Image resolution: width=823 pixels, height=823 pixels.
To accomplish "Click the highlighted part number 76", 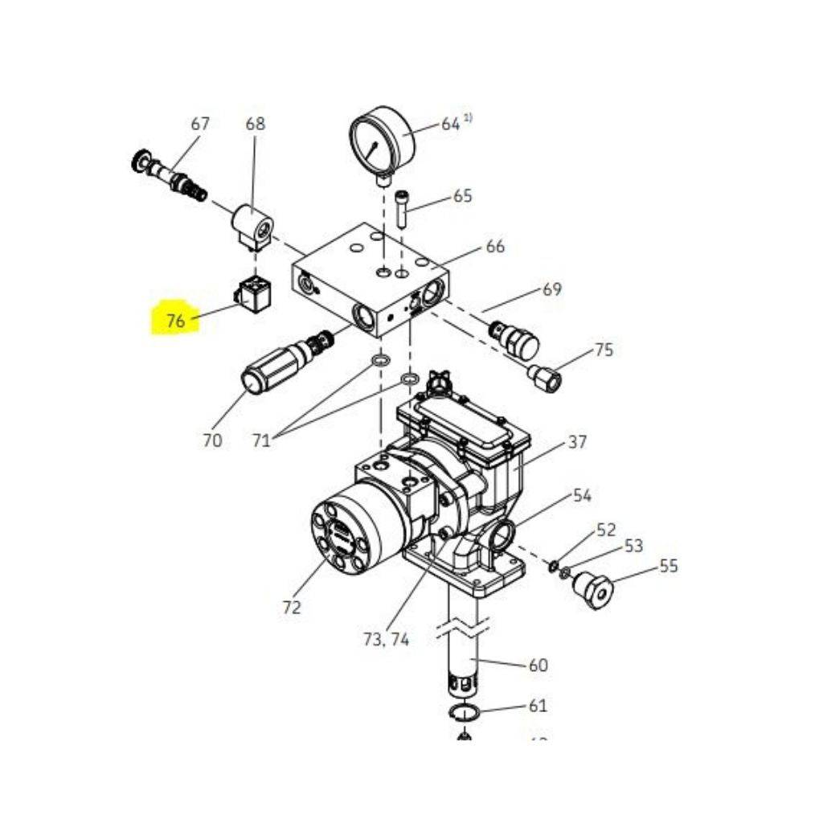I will click(x=175, y=321).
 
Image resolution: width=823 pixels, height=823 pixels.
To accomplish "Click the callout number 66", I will click(x=495, y=246).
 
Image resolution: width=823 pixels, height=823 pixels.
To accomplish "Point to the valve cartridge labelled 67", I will click(x=172, y=175).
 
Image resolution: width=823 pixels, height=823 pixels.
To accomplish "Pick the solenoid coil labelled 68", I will click(x=252, y=224).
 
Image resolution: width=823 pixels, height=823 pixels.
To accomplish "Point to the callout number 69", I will click(x=551, y=289).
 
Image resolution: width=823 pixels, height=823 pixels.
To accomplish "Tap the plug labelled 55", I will click(x=594, y=589).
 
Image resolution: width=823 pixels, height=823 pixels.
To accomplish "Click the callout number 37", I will click(x=577, y=441).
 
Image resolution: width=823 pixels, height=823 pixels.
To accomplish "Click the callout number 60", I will click(x=537, y=665).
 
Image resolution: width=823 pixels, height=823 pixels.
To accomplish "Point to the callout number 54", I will click(x=582, y=495).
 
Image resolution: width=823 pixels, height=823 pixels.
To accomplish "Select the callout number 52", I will click(x=605, y=530).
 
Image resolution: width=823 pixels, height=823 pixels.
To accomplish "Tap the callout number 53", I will click(x=633, y=546).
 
